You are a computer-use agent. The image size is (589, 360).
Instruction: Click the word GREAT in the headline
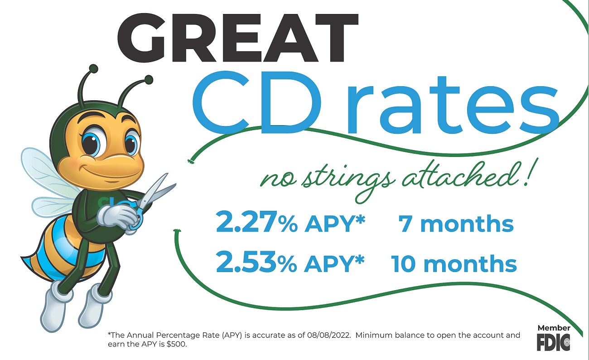238,38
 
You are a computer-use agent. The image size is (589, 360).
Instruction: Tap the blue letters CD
256,102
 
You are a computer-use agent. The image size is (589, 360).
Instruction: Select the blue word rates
453,105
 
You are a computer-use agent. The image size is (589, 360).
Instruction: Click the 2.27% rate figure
256,222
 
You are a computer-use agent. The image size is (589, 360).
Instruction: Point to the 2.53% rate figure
256,262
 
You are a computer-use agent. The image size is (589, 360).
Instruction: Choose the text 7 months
456,224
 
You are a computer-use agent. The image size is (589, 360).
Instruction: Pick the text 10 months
454,263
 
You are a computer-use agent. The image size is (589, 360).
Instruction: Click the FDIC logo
554,342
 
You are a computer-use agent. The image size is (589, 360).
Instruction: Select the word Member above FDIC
554,328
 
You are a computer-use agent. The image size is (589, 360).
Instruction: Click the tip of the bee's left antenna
93,69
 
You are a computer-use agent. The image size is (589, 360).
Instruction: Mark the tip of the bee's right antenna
149,79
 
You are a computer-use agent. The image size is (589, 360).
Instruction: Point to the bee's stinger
22,257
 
